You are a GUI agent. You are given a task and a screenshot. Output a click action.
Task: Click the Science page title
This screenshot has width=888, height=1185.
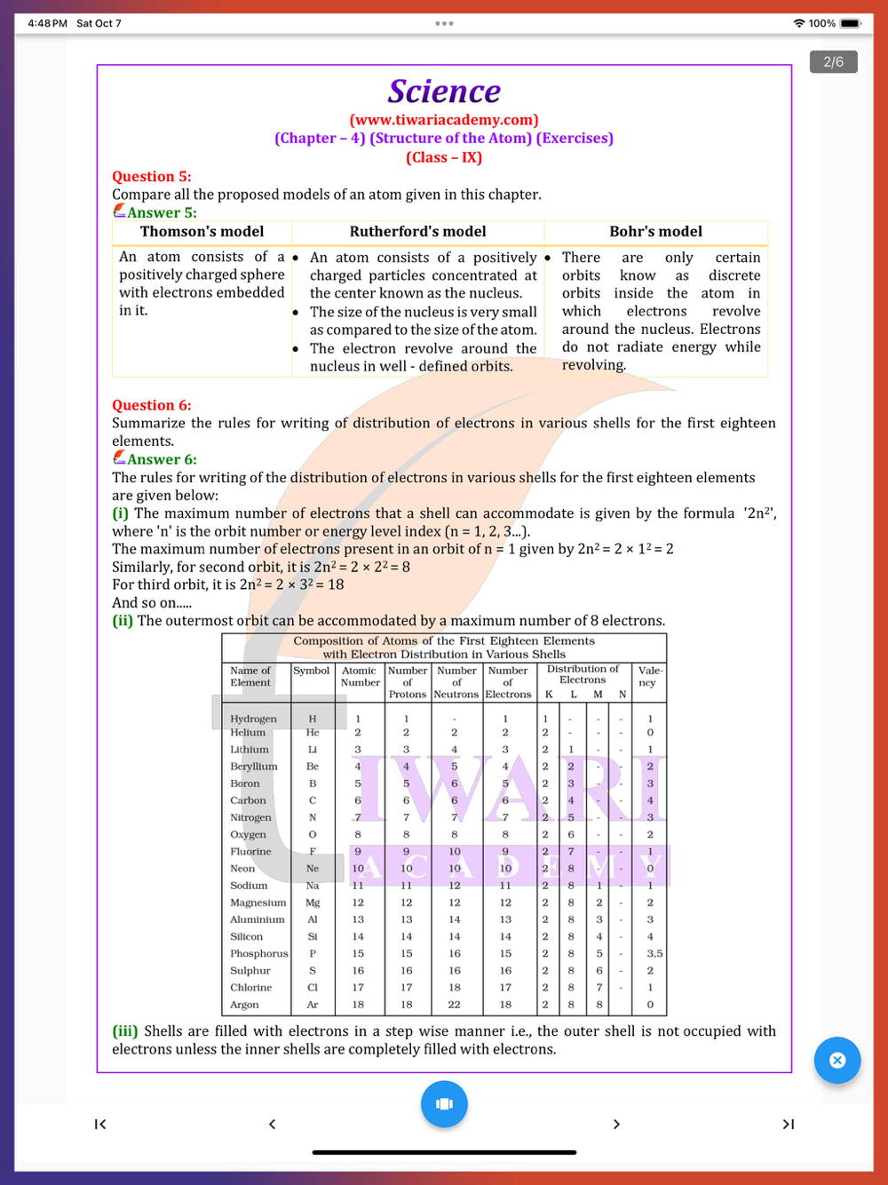444,91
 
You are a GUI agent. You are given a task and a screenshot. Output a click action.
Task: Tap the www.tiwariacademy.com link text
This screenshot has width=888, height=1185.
444,120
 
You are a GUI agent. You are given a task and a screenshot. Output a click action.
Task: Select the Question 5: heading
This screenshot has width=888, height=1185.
152,177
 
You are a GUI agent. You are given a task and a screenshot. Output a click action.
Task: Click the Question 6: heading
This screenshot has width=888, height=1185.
152,405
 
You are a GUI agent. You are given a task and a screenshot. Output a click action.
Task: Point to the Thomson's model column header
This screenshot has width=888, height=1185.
202,232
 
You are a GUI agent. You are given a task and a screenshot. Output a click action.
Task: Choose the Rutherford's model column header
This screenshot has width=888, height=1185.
417,232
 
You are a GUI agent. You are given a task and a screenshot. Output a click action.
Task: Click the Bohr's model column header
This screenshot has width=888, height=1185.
655,232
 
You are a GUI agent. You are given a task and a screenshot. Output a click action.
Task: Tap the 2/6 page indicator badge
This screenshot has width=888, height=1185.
833,62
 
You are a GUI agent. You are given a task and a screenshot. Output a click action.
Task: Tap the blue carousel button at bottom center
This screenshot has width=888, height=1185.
444,1103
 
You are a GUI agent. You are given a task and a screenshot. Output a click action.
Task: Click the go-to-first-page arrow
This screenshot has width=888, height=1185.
100,1125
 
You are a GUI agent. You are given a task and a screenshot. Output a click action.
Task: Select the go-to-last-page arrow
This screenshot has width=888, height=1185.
788,1125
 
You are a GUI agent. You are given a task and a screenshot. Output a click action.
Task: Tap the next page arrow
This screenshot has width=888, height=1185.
616,1125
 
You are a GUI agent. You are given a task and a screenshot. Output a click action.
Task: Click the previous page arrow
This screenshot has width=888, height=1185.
272,1125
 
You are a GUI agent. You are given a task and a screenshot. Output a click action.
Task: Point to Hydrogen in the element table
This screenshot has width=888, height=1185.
253,719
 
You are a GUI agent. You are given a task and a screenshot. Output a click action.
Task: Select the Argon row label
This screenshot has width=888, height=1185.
244,1005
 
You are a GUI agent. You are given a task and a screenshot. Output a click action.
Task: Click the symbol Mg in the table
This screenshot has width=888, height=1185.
313,903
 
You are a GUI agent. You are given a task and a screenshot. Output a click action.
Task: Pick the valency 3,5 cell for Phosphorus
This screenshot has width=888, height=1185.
654,954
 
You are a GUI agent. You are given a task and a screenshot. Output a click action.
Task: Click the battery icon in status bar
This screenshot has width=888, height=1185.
850,23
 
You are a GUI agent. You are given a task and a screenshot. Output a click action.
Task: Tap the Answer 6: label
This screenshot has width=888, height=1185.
161,459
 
